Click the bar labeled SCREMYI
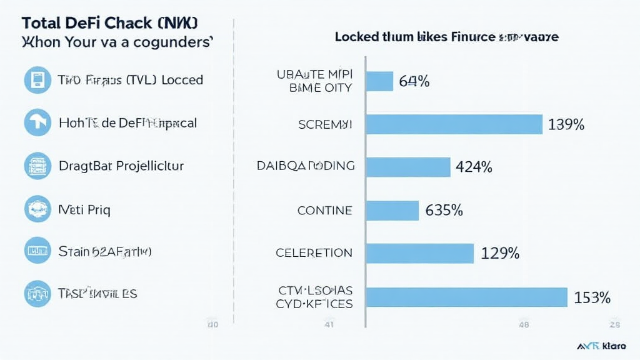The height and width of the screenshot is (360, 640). pyautogui.click(x=454, y=124)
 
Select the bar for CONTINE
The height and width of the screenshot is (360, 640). pyautogui.click(x=392, y=211)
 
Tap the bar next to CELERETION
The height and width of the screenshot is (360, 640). pyautogui.click(x=419, y=253)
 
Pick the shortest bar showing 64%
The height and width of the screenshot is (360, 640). pyautogui.click(x=379, y=81)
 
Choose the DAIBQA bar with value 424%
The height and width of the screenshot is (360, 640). pyautogui.click(x=407, y=167)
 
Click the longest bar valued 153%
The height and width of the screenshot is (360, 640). pyautogui.click(x=466, y=297)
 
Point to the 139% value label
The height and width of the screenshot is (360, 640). pyautogui.click(x=566, y=124)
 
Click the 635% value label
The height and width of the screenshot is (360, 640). pyautogui.click(x=444, y=211)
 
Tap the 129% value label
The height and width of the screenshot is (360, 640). pyautogui.click(x=500, y=253)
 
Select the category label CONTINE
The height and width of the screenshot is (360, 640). pyautogui.click(x=324, y=211)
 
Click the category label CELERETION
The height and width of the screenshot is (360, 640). pyautogui.click(x=314, y=253)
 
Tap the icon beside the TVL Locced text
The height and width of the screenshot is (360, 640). pyautogui.click(x=37, y=80)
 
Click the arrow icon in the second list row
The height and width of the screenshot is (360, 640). pyautogui.click(x=37, y=123)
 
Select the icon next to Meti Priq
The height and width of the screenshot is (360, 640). pyautogui.click(x=37, y=209)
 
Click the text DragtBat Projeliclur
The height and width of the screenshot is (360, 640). pyautogui.click(x=121, y=166)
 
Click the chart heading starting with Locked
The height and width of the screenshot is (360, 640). pyautogui.click(x=446, y=37)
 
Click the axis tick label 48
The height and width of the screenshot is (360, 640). pyautogui.click(x=524, y=324)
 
